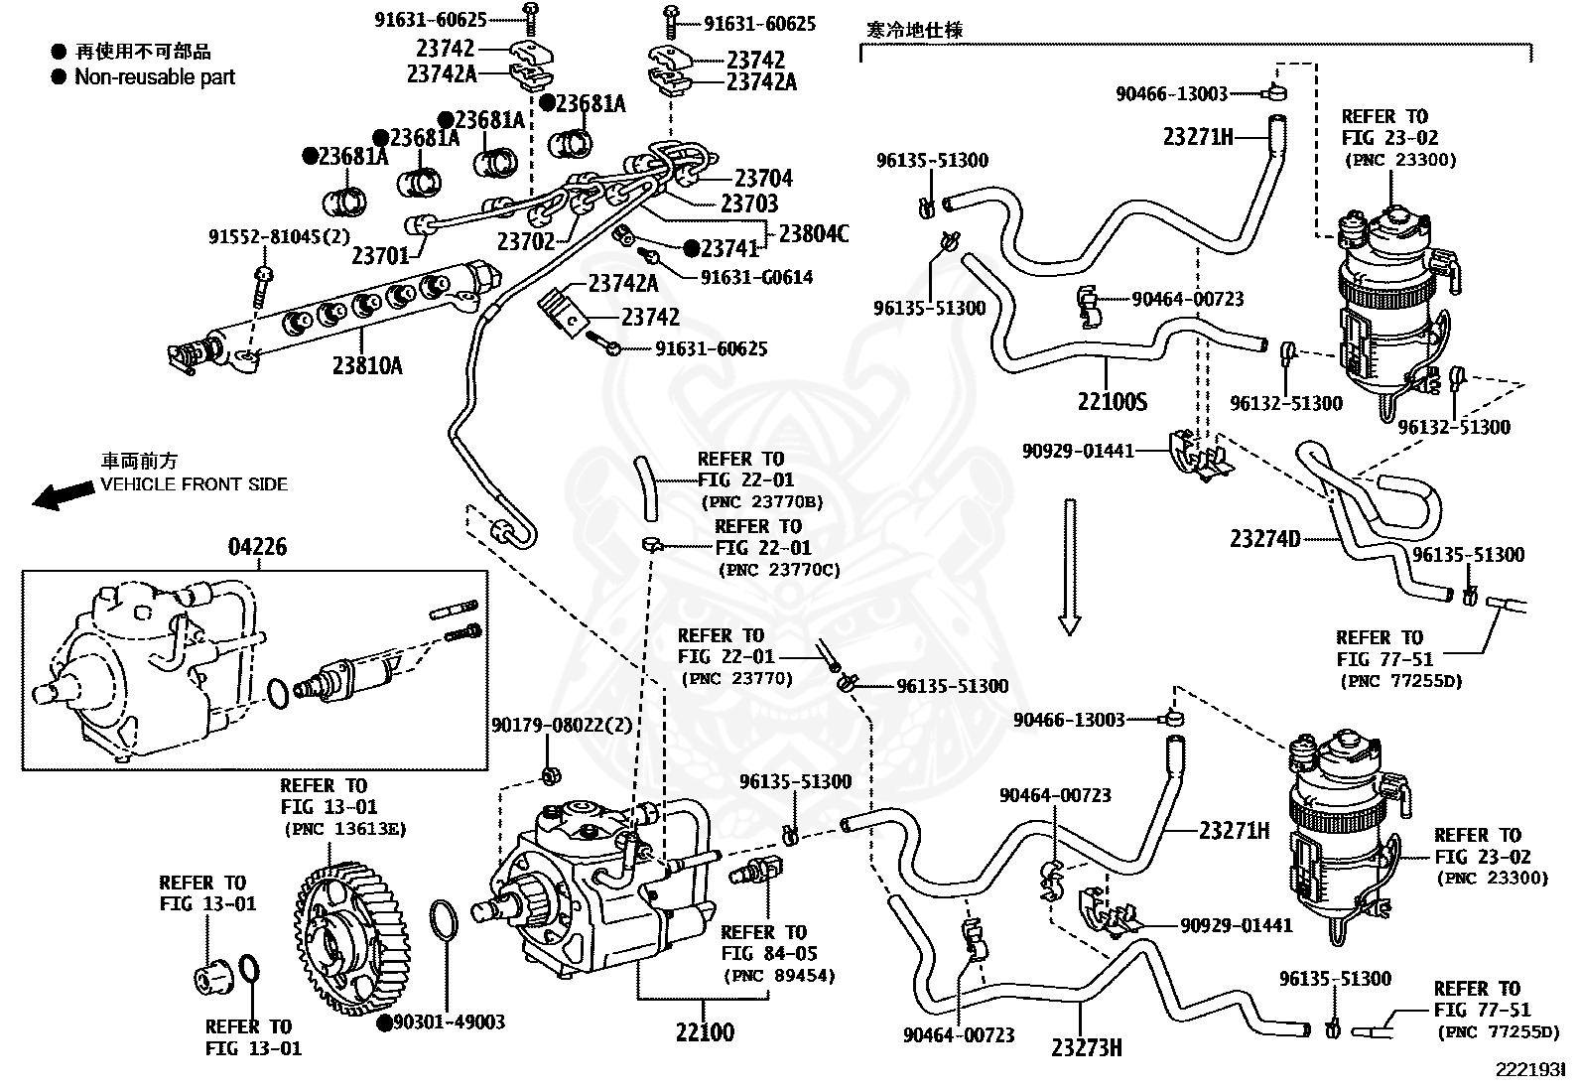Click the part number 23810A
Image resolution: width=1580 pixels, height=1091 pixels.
point(367,365)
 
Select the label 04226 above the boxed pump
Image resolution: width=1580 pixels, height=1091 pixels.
point(257,546)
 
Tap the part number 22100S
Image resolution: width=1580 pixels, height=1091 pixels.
point(1113,401)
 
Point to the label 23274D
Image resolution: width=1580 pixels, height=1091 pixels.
point(1265,538)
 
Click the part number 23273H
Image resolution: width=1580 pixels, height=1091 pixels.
point(1086,1047)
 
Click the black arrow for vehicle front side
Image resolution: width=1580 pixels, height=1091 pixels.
point(64,495)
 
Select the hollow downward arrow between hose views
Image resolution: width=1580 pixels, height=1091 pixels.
point(1069,567)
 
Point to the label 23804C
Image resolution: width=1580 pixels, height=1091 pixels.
point(813,233)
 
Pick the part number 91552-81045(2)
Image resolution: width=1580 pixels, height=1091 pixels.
point(279,235)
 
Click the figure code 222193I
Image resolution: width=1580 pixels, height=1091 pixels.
point(1530,1070)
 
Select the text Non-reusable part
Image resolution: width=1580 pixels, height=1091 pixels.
point(155,76)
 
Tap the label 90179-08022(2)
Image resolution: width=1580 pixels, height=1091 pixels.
point(562,725)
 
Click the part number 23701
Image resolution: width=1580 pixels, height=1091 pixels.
point(381,255)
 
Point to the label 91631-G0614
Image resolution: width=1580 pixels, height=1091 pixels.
point(757,277)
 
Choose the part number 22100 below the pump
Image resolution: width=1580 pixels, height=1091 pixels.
point(706,1031)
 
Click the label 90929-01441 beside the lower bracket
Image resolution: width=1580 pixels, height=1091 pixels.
point(1237,925)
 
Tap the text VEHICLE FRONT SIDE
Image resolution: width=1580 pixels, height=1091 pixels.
point(194,484)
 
